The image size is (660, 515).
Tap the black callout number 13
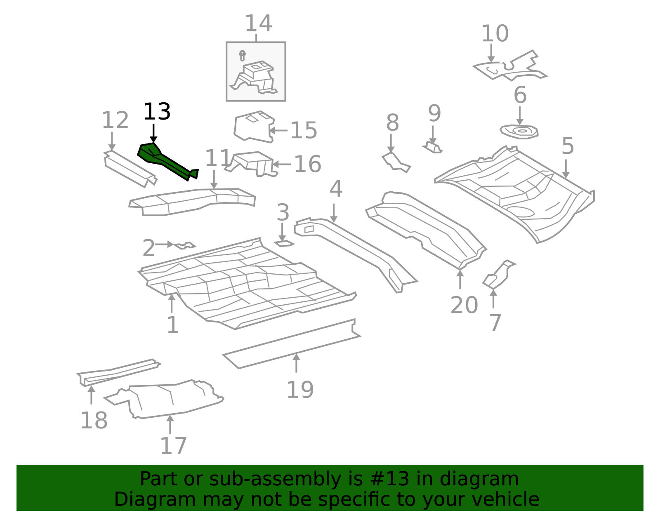point(157,112)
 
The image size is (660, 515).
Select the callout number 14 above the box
point(259,24)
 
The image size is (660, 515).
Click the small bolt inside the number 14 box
point(243,56)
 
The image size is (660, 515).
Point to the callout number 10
point(495,33)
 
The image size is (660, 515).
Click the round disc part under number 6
point(519,132)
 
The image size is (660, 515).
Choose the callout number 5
point(568,146)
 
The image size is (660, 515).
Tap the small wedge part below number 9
point(433,148)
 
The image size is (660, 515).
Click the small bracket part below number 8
point(396,162)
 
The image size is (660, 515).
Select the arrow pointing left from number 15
point(278,130)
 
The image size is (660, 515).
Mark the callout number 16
point(308,164)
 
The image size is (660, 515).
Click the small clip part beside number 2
point(184,245)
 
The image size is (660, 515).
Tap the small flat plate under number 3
point(284,243)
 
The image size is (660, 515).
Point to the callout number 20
point(464,305)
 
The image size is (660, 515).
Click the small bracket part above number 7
point(498,275)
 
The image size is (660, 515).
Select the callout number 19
point(300,390)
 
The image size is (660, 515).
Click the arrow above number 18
point(92,395)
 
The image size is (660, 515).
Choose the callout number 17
point(173,446)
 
